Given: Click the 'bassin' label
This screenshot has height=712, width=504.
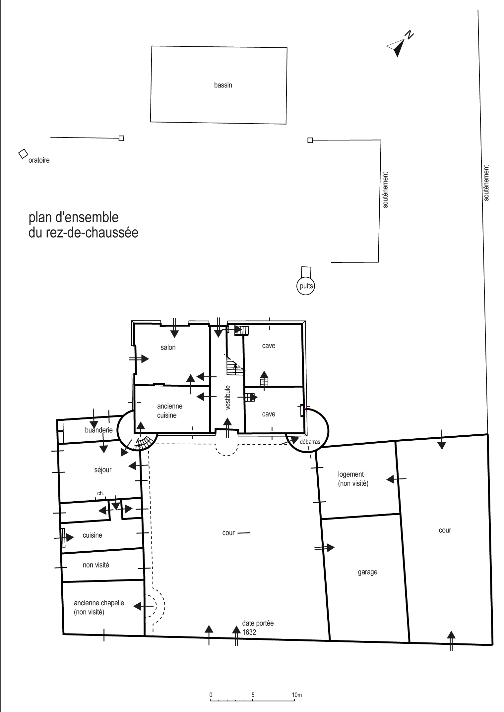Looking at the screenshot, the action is point(223,85).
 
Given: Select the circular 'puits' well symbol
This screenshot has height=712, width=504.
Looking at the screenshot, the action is point(305,286).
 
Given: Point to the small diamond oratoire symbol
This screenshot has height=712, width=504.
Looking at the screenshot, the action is point(23,153).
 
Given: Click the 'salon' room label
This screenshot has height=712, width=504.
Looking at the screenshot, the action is point(168,347).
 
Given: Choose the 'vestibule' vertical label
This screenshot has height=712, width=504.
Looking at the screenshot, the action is point(227,398).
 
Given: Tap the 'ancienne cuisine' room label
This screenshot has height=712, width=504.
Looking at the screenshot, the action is point(169,411).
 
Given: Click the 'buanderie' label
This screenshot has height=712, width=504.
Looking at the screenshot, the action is point(99,430).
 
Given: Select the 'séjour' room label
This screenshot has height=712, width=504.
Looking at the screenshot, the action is point(103,470).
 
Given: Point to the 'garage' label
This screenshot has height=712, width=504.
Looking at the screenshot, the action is point(367,572).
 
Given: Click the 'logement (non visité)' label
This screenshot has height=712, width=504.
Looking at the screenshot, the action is point(353,479).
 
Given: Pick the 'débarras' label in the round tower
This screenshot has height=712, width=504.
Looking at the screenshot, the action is point(310,442).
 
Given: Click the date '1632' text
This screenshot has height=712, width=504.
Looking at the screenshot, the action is point(249,632).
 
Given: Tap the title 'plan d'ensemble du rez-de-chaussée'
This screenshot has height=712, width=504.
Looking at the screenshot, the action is point(83,225).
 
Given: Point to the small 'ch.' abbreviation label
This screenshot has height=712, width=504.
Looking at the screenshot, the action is point(100,493).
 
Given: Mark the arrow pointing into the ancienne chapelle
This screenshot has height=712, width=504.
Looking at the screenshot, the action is point(143,606).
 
